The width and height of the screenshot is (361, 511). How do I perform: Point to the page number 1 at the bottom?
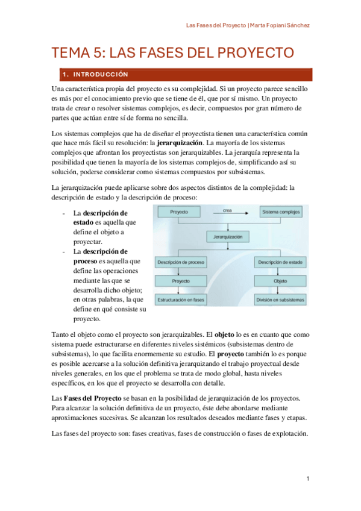pos(307,478)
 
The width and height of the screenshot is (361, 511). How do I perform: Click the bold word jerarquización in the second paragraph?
pos(179,144)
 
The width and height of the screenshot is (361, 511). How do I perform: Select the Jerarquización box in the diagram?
pos(228,237)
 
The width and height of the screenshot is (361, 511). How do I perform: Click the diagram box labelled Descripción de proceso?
pos(180,262)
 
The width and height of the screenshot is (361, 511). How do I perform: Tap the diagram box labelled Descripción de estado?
pos(280,262)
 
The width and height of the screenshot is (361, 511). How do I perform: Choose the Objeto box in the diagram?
pos(280,281)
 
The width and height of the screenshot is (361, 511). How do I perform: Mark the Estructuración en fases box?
pos(180,299)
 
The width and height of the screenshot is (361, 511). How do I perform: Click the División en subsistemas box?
pos(280,299)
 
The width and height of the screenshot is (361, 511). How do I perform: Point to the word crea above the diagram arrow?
pos(227,210)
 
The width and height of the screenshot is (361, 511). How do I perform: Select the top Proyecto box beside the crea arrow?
pos(179,213)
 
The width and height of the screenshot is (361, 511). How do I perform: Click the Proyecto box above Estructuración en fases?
pos(180,281)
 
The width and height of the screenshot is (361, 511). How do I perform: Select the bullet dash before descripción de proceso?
pos(64,251)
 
